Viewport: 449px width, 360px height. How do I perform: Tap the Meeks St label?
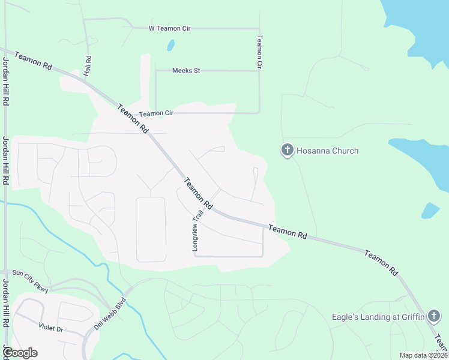[x=185, y=71]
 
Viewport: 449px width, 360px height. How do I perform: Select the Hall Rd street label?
[x=88, y=65]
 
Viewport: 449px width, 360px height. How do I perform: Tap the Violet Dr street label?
[x=50, y=328]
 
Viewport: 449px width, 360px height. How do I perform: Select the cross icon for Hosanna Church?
[x=288, y=151]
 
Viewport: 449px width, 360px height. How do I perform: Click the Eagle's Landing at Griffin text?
[x=378, y=317]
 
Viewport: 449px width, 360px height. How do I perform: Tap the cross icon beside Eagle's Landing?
[x=434, y=316]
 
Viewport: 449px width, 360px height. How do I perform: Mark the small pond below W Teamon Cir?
[x=171, y=46]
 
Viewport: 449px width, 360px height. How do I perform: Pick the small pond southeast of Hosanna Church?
[x=430, y=210]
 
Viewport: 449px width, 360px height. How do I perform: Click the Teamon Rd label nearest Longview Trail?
[x=198, y=193]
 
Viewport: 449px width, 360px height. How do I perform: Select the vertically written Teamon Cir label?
[x=260, y=51]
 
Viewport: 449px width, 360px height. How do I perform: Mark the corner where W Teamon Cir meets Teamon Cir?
[x=259, y=28]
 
